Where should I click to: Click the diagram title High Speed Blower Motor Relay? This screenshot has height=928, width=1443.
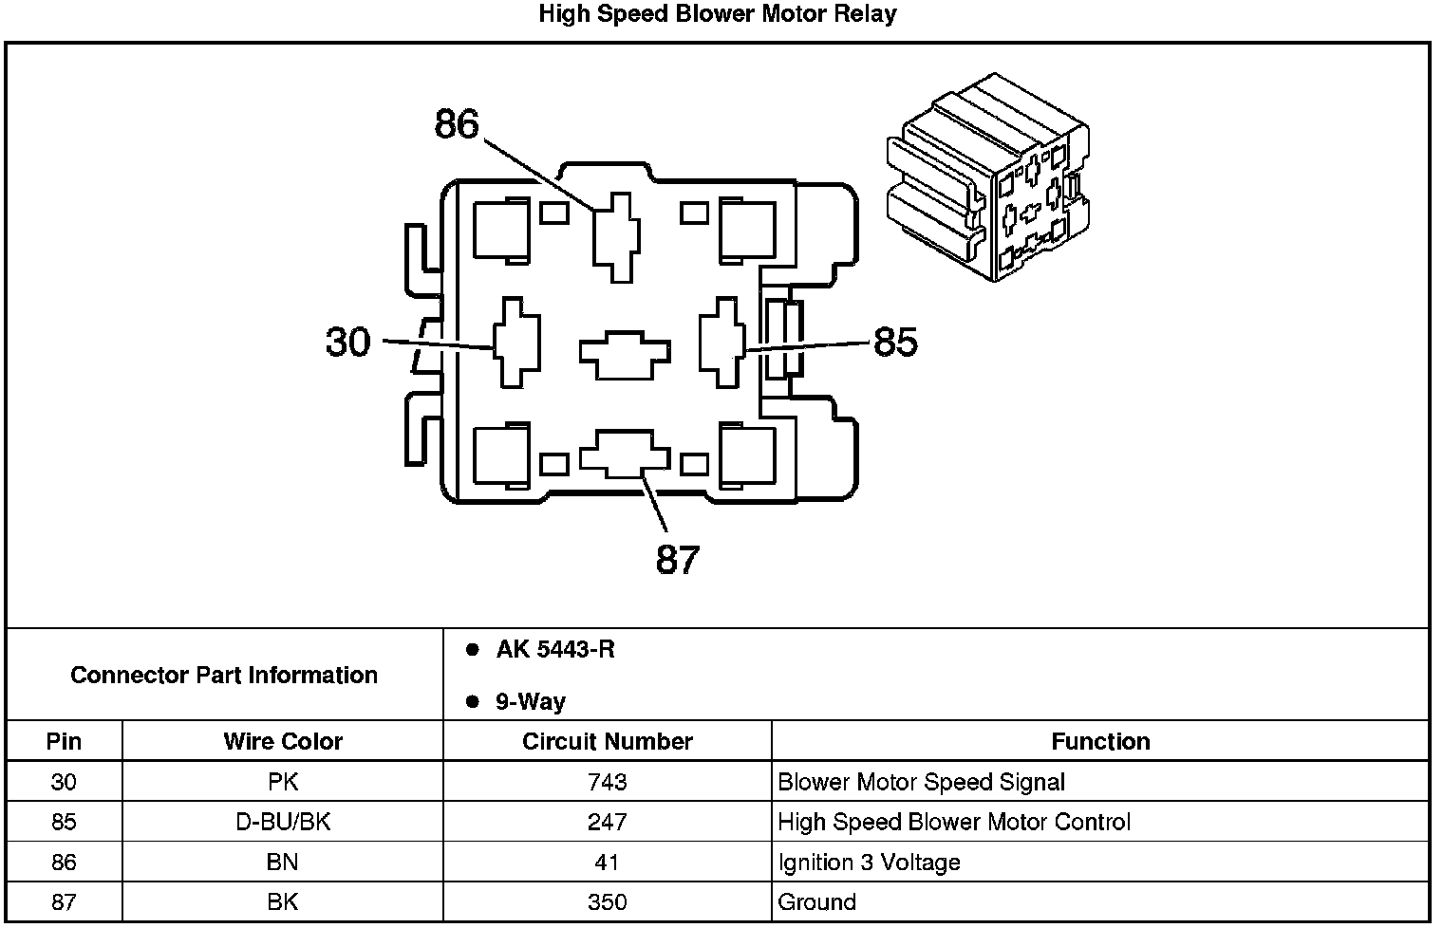tap(717, 14)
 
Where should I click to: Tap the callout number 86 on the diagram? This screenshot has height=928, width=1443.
tap(457, 124)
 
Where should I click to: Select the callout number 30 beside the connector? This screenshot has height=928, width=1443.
tap(347, 342)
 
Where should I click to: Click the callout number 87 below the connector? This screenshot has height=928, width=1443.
tap(678, 560)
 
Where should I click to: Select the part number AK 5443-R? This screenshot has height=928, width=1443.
tap(555, 650)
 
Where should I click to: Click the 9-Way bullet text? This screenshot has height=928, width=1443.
tap(530, 702)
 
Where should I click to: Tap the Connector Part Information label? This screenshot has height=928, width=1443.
tap(224, 676)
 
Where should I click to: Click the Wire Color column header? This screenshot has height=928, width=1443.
tap(283, 741)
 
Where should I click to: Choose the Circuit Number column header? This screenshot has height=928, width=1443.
tap(608, 741)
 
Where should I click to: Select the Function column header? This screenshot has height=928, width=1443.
tap(1100, 741)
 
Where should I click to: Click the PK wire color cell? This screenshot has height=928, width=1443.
tap(283, 782)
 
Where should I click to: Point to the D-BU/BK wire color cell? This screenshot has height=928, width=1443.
tap(283, 822)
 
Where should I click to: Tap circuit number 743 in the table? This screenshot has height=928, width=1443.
tap(608, 782)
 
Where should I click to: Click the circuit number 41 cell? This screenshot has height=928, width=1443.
tap(608, 863)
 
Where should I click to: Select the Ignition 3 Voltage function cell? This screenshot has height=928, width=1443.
tap(869, 863)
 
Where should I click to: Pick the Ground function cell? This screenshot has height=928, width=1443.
tap(816, 902)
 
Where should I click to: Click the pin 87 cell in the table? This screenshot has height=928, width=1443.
tap(64, 902)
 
